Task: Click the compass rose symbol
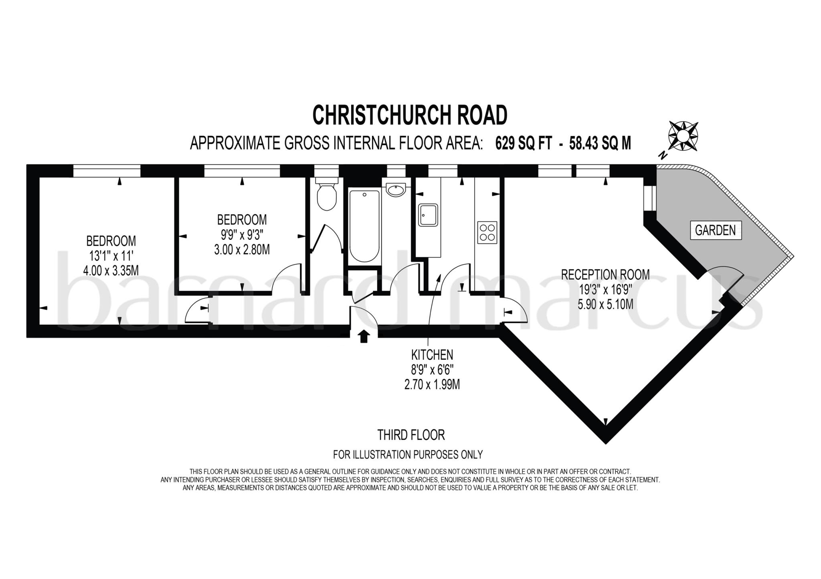(683, 137)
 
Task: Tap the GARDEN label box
(716, 230)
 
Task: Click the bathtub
(364, 226)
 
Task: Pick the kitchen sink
(428, 215)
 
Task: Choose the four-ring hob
(487, 232)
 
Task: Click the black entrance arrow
(363, 336)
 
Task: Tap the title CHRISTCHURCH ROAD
(410, 115)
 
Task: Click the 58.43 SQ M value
(600, 143)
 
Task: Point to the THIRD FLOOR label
(411, 435)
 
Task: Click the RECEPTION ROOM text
(605, 275)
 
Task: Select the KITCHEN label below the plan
(432, 355)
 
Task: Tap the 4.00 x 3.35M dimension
(111, 271)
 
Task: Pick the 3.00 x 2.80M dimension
(242, 249)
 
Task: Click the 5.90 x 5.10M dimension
(605, 304)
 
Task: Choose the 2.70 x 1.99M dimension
(432, 385)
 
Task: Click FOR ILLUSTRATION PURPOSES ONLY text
(408, 454)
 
